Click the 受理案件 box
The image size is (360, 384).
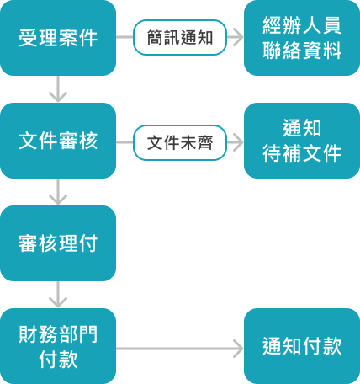pyautogui.click(x=58, y=38)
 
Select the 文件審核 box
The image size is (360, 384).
pyautogui.click(x=58, y=141)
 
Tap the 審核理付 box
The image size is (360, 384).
pyautogui.click(x=58, y=243)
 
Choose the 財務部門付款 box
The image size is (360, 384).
pyautogui.click(x=58, y=346)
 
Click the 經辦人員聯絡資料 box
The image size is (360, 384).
pyautogui.click(x=302, y=38)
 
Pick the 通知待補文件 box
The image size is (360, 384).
pyautogui.click(x=302, y=141)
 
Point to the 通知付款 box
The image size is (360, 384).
pyautogui.click(x=302, y=346)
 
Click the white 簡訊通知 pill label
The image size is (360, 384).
pyautogui.click(x=180, y=37)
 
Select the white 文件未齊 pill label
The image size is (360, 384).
pyautogui.click(x=180, y=142)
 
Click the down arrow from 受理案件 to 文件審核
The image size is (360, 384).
pyautogui.click(x=58, y=88)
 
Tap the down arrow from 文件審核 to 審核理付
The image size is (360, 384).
pyautogui.click(x=58, y=191)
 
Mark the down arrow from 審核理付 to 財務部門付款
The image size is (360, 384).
pyautogui.click(x=58, y=294)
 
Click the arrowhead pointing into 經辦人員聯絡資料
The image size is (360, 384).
pyautogui.click(x=238, y=37)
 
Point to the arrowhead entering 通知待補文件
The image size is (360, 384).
pyautogui.click(x=238, y=142)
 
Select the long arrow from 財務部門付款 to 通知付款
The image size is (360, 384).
pyautogui.click(x=180, y=349)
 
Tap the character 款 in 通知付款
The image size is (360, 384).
pyautogui.click(x=332, y=346)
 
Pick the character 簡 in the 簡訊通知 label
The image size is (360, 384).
pyautogui.click(x=155, y=37)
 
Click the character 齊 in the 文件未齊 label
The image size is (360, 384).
pyautogui.click(x=204, y=142)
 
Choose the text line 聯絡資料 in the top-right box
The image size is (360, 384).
pyautogui.click(x=302, y=51)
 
